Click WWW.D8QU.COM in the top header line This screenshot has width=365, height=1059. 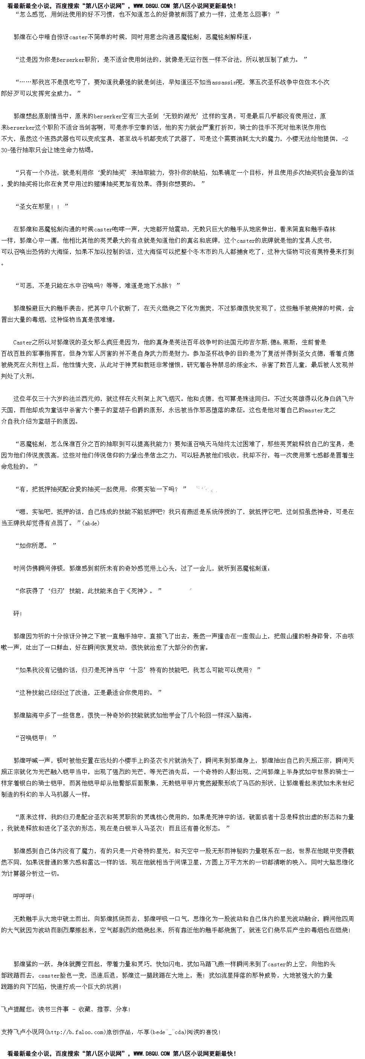click(x=152, y=6)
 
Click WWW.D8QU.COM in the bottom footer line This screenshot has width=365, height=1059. click(x=152, y=1054)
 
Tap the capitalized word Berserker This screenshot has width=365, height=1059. click(x=71, y=60)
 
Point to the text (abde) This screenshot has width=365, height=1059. click(x=91, y=523)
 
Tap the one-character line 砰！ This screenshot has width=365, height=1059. click(x=18, y=614)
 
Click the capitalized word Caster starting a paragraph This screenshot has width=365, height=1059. click(x=22, y=343)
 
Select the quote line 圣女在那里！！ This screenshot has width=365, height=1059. click(x=41, y=207)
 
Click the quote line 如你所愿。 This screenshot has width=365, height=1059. click(x=35, y=546)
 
